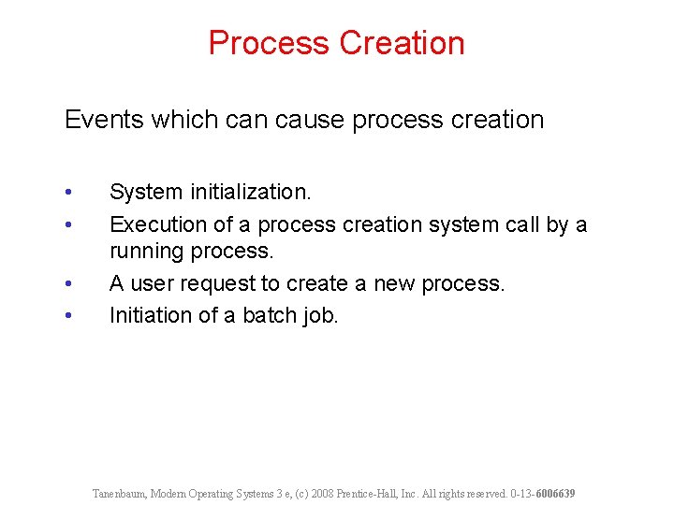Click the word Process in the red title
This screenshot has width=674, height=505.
[269, 43]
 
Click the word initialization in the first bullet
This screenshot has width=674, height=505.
[250, 192]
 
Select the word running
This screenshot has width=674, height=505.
[146, 252]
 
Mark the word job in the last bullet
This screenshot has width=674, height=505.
[321, 316]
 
